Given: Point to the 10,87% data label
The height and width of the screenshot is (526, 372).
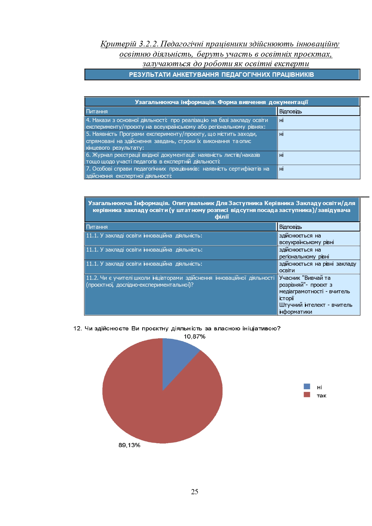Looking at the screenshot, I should [194, 337].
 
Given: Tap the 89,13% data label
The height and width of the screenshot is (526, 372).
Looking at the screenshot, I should [129, 445].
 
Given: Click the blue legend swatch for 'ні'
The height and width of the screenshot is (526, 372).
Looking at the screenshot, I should [307, 387].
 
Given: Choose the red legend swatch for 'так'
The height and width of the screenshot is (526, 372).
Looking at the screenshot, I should [307, 395].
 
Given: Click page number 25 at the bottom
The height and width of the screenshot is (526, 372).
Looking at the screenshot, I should [194, 492].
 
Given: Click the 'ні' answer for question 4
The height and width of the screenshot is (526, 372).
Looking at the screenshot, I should [281, 121].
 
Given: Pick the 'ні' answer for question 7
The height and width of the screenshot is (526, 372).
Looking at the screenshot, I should [281, 169].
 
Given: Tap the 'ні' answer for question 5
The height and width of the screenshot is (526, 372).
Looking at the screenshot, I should [281, 134].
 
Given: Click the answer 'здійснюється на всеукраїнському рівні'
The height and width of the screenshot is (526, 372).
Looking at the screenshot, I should [306, 239].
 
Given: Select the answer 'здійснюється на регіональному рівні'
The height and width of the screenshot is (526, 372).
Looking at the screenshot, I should [304, 253].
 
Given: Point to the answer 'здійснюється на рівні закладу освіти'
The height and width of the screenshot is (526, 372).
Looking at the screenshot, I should [317, 267].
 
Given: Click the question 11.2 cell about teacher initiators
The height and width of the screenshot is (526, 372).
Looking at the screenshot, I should [180, 281].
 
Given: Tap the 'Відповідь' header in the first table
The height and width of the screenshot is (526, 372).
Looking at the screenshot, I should [290, 112].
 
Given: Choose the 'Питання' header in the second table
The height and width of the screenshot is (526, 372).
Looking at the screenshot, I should [97, 227].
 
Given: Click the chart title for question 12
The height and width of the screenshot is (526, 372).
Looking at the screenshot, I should [177, 329].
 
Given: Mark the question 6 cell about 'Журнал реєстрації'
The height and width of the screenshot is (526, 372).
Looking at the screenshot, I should [173, 158].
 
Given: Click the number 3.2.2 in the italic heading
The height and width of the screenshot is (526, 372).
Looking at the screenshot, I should [148, 44].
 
